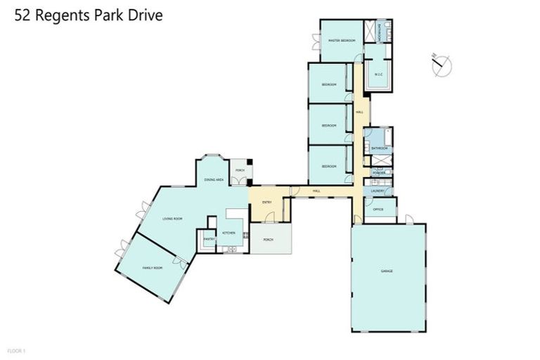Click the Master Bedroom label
[x=342, y=41]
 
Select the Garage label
[x=387, y=271]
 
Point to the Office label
[x=378, y=210]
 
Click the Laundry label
[x=378, y=190]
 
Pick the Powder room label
[x=378, y=173]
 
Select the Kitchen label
[x=229, y=233]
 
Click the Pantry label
[x=209, y=239]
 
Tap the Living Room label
[x=173, y=219]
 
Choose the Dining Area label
[x=214, y=181]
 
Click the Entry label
[x=267, y=203]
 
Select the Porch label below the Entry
[x=268, y=239]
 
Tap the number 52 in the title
[x=25, y=15]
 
